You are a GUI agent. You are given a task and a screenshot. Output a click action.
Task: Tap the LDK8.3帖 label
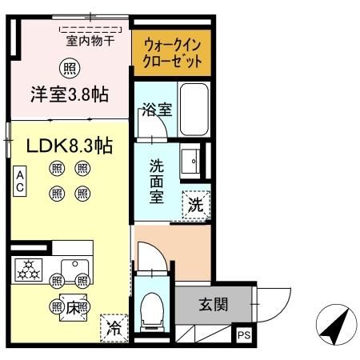click(69, 146)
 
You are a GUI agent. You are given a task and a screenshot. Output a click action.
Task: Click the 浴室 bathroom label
click(156, 110)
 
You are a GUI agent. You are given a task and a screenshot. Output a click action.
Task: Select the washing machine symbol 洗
click(195, 203)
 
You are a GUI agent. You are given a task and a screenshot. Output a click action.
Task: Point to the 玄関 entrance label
click(214, 304)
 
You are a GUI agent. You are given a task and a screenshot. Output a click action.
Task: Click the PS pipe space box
click(243, 337)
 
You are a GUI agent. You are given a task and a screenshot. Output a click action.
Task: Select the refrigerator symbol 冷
click(114, 327)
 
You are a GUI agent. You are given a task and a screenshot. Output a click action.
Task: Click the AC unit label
click(19, 180)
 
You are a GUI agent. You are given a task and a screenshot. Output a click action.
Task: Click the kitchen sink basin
click(77, 266)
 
